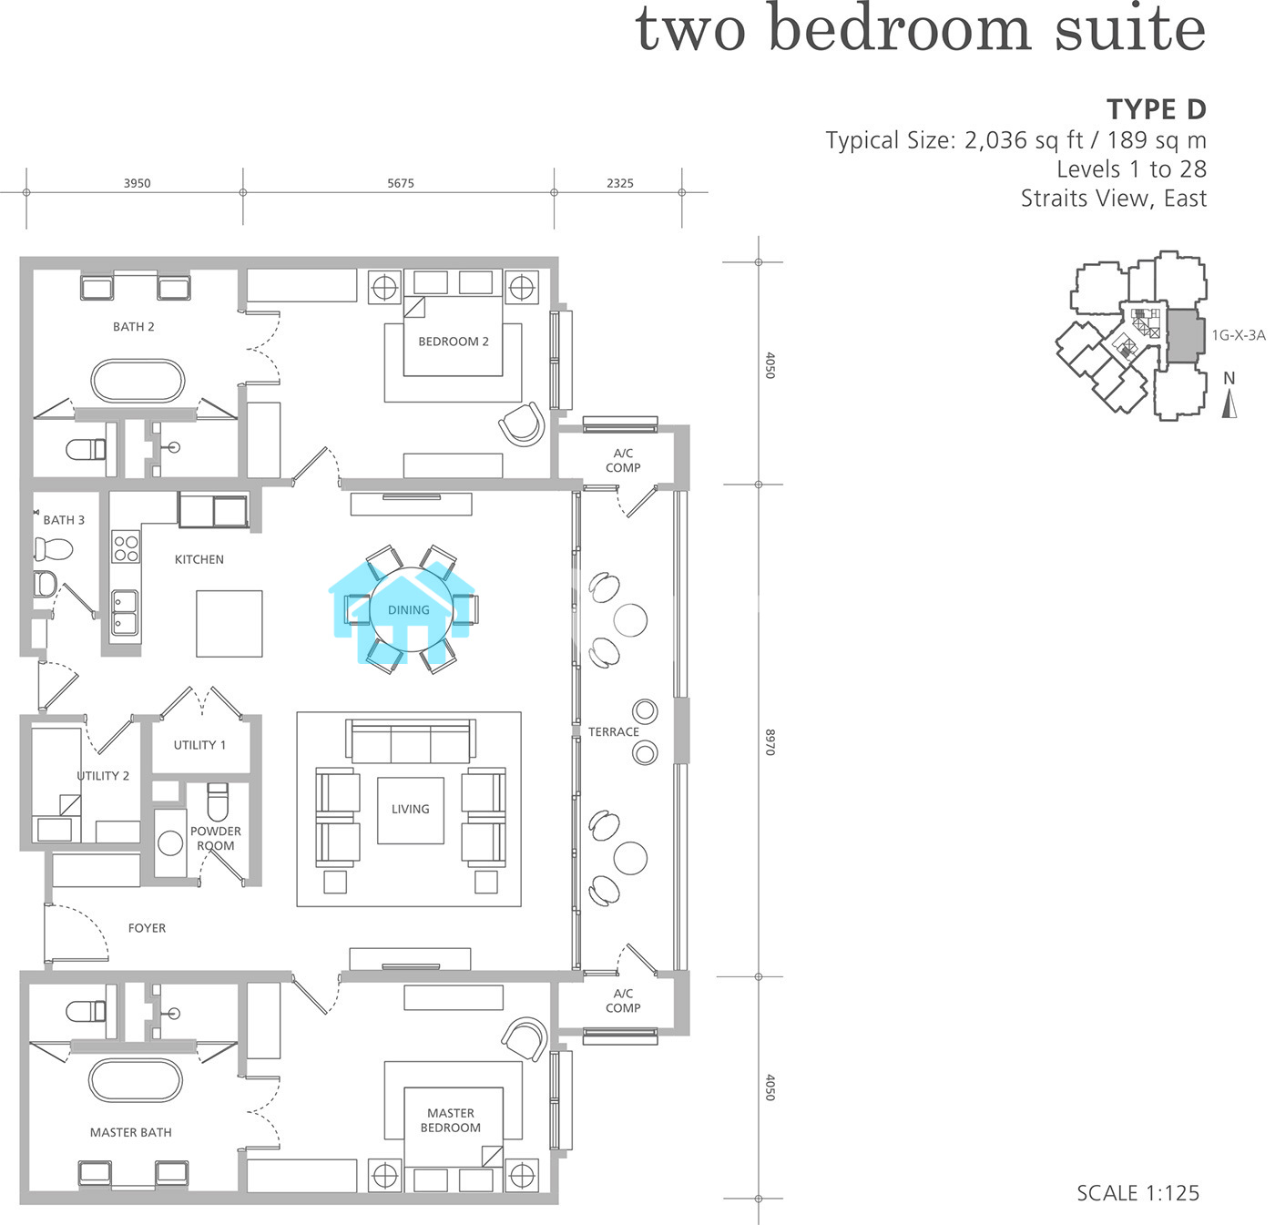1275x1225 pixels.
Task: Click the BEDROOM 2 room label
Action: [454, 342]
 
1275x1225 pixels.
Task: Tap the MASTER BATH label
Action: [131, 1132]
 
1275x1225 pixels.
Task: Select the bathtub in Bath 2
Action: [138, 380]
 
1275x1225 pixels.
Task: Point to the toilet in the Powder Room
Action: [218, 801]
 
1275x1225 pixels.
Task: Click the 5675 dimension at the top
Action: [401, 183]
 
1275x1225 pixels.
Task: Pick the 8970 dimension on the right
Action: [770, 742]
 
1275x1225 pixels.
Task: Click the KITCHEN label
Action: [199, 559]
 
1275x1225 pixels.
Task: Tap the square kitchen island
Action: [229, 624]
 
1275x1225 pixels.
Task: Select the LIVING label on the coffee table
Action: [411, 809]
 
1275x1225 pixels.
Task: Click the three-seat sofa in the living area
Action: [411, 740]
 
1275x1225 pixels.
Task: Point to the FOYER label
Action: [147, 928]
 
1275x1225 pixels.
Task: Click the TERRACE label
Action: [613, 731]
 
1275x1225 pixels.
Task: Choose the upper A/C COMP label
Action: [623, 461]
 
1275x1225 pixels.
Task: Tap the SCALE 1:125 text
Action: [1138, 1193]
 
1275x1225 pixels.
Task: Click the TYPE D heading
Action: [1157, 109]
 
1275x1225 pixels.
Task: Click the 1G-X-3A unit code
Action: [1239, 335]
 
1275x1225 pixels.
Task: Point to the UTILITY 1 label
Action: [199, 745]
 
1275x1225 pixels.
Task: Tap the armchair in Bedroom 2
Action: [522, 424]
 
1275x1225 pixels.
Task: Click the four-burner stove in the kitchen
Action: [126, 548]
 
